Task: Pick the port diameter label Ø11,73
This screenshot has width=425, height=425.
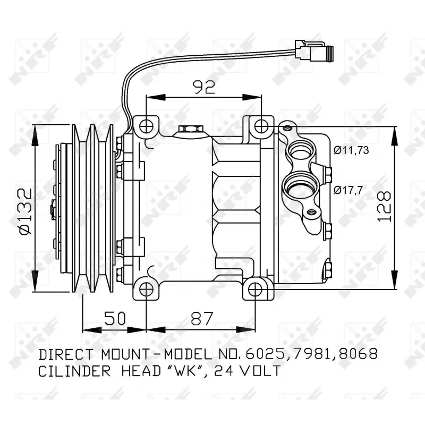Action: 351,150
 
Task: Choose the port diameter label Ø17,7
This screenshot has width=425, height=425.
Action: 348,189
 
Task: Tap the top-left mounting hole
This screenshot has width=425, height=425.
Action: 147,126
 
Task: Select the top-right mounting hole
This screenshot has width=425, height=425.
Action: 260,126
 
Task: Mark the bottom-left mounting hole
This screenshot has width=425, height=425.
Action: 147,288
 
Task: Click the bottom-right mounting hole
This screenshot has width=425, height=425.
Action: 255,288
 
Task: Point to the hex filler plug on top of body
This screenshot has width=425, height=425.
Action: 189,129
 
